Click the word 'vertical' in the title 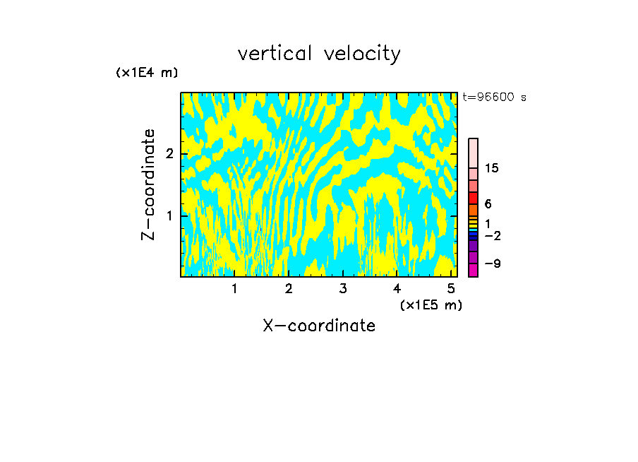pos(272,54)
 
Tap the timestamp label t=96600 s pos(494,97)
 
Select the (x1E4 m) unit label pos(147,73)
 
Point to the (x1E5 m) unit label pos(431,304)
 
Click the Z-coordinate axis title pos(148,184)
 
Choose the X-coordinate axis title pos(319,326)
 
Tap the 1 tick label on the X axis pos(234,289)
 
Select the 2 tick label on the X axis pos(289,289)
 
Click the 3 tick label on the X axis pos(342,289)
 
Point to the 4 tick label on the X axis pos(397,289)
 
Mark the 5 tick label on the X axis pos(451,289)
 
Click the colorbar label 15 pos(492,168)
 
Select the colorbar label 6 pos(488,203)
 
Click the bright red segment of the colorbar pos(473,198)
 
